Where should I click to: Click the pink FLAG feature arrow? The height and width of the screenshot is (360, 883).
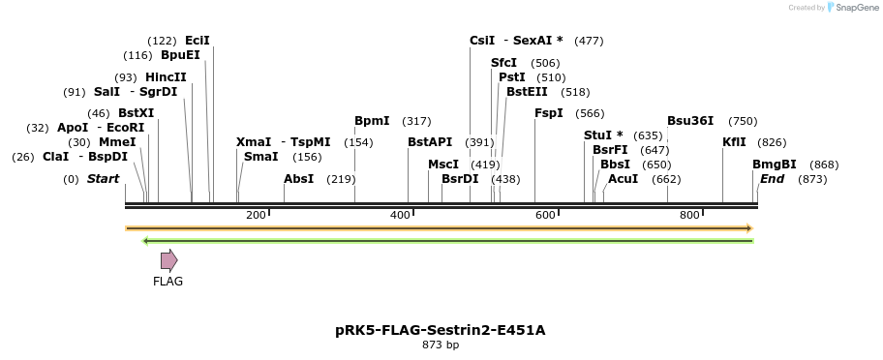pos(168,259)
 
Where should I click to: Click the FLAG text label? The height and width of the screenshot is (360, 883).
pos(167,282)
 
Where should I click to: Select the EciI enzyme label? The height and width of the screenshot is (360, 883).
pos(198,41)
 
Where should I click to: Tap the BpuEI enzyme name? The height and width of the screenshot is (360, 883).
pos(180,55)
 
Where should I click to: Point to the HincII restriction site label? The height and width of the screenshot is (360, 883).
pos(166,77)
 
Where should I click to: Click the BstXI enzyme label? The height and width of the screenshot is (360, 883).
pos(136,113)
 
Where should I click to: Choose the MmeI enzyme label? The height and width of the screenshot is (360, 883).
pos(116,142)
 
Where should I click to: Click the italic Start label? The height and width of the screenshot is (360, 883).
pos(103,179)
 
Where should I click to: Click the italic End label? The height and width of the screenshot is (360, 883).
pos(772,179)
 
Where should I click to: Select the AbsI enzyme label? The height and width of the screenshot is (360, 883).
pos(298,179)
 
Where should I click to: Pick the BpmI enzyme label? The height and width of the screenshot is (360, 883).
pos(372,121)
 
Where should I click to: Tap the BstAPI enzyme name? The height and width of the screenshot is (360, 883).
pos(430,142)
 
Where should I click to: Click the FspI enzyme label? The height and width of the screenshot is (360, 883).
pos(549,113)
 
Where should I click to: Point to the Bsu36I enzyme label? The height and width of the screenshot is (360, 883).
pos(690,121)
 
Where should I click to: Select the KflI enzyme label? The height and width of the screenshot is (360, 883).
pos(734,142)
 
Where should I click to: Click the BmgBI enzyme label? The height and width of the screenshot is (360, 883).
pos(775,165)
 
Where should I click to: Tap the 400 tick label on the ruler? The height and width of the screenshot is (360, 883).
pos(400,215)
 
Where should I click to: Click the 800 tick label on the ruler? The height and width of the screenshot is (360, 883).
pos(690,215)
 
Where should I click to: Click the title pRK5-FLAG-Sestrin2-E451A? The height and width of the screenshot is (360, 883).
pos(441,330)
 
